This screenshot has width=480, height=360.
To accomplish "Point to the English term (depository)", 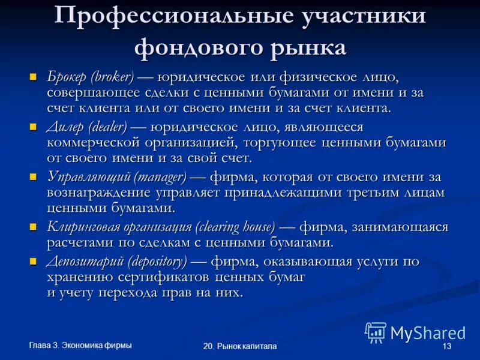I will pos(158,262).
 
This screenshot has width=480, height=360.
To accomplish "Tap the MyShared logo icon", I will pos(376,332).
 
